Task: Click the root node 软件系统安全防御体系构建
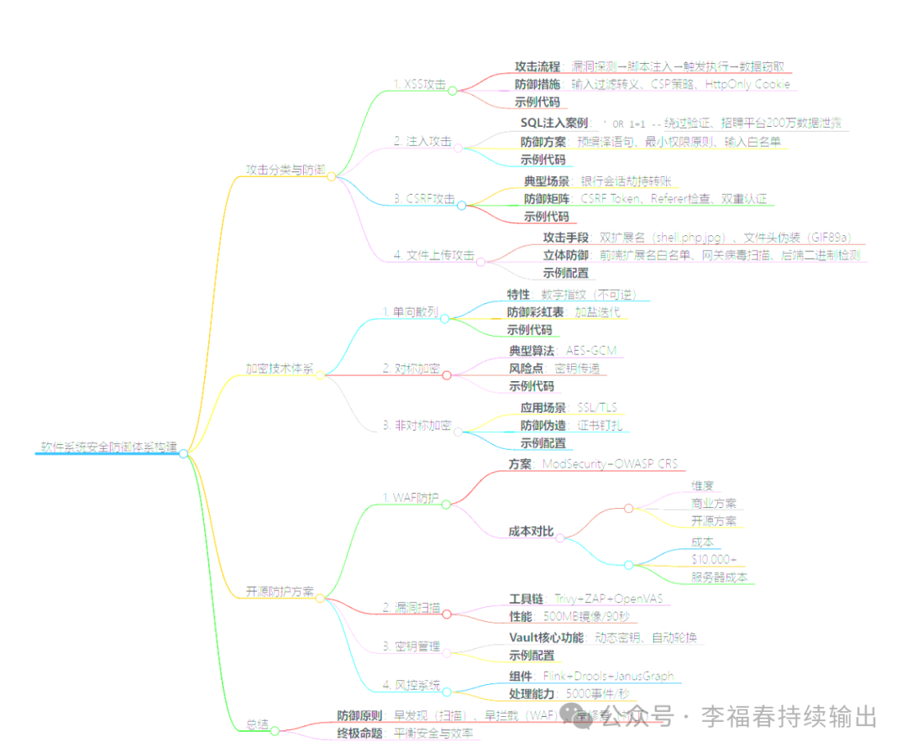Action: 108,447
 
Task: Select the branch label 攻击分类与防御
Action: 285,170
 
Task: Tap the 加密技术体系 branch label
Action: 279,369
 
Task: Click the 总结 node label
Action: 257,724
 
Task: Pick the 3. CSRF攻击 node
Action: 424,199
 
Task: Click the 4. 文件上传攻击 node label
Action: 434,255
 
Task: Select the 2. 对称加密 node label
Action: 412,369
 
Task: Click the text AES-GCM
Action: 595,350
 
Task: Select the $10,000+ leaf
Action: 714,560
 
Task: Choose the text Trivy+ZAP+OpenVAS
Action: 608,599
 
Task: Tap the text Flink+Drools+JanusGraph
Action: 612,676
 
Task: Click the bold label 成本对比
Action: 532,531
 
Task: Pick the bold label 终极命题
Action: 359,733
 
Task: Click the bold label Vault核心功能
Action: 546,637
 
